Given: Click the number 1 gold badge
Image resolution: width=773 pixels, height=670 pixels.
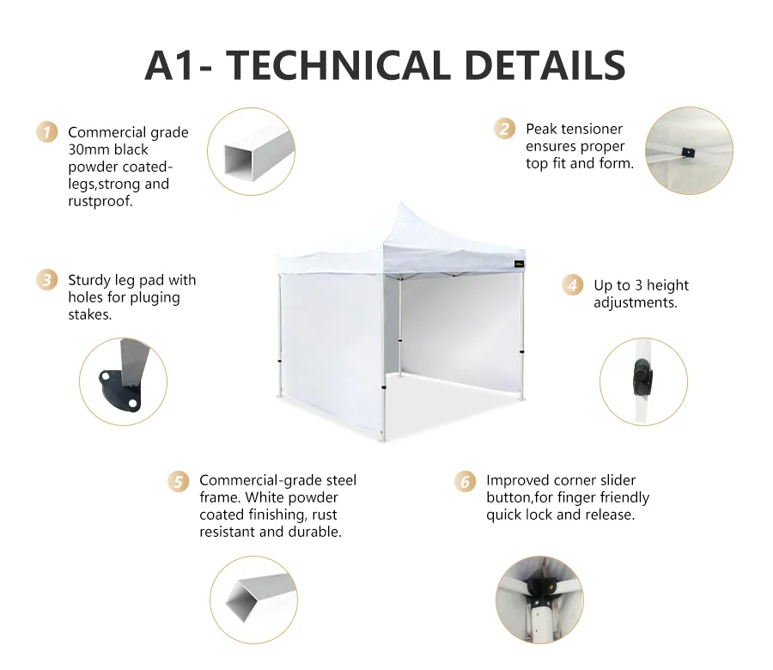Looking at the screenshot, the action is pyautogui.click(x=47, y=132).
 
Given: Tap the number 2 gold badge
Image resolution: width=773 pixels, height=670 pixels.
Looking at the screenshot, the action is pyautogui.click(x=504, y=129).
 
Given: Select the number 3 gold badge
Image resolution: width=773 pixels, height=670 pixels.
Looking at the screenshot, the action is pyautogui.click(x=47, y=280).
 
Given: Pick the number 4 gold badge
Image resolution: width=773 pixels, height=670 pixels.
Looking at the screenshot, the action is pyautogui.click(x=572, y=285).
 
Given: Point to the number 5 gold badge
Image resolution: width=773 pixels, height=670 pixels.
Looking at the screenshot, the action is pyautogui.click(x=178, y=481).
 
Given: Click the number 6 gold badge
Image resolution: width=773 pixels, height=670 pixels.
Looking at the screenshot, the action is pyautogui.click(x=465, y=481).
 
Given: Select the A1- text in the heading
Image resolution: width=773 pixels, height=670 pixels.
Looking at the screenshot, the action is pyautogui.click(x=179, y=65).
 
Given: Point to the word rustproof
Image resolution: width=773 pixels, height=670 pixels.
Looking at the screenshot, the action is pyautogui.click(x=100, y=201).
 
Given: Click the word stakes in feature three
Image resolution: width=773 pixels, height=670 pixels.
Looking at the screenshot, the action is pyautogui.click(x=89, y=314).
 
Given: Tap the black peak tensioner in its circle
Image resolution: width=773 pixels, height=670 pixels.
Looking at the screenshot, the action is pyautogui.click(x=685, y=152).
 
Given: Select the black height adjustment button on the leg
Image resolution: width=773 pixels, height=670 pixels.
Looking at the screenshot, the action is pyautogui.click(x=642, y=378).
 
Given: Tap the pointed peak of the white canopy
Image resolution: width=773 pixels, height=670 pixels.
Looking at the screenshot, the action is pyautogui.click(x=400, y=202).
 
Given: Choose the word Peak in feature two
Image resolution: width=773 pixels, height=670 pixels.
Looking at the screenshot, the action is pyautogui.click(x=541, y=129).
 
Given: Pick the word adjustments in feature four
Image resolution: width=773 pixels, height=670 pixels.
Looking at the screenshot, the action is pyautogui.click(x=636, y=302).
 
